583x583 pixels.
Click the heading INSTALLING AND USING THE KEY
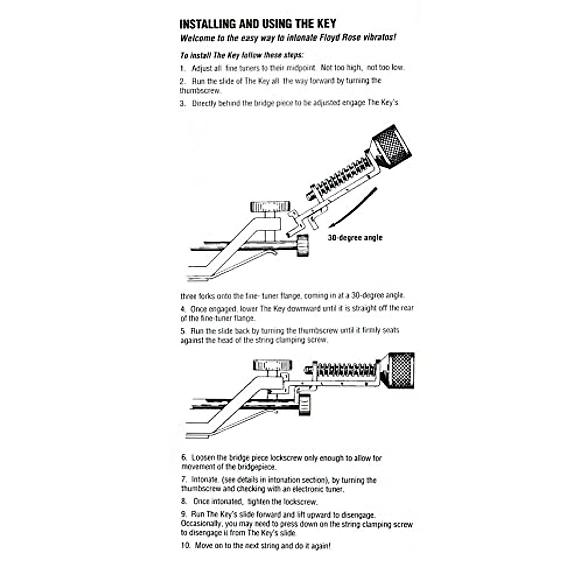click(258, 24)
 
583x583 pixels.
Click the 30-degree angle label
click(355, 238)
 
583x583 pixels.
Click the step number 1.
click(183, 69)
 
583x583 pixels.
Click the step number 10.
click(186, 546)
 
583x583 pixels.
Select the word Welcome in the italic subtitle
click(196, 38)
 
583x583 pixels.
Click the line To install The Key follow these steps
click(242, 55)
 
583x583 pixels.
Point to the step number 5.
click(183, 331)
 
